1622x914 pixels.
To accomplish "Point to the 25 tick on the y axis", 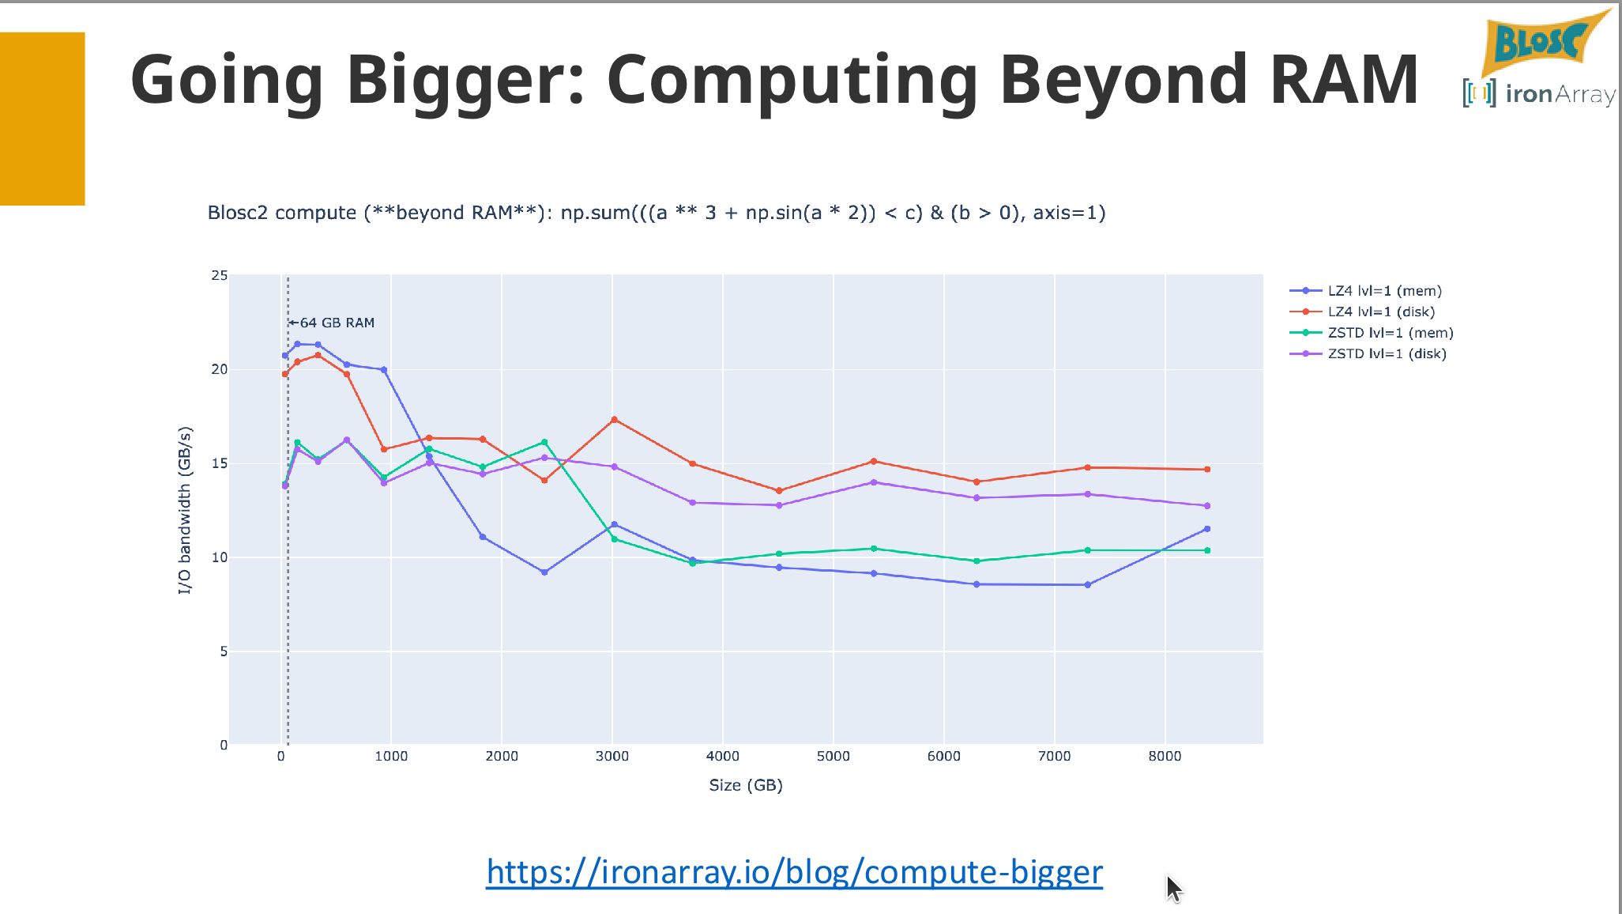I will click(x=219, y=275).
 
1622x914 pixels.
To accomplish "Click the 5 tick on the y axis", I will click(x=224, y=652).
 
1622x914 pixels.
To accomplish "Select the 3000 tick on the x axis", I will click(x=612, y=756).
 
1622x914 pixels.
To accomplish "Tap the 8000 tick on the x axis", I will click(x=1165, y=756).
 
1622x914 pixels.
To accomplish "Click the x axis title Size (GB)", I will click(x=746, y=785).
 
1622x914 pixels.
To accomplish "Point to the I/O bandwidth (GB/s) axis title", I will click(x=184, y=510).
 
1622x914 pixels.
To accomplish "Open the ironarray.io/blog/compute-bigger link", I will click(x=794, y=872).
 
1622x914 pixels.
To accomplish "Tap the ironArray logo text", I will click(x=1560, y=94).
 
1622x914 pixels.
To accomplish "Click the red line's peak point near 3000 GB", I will click(x=614, y=420).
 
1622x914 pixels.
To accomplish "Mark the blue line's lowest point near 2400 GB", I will click(x=544, y=572).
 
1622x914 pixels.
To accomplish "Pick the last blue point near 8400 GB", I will click(x=1207, y=529).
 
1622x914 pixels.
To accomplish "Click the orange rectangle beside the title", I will click(x=43, y=119).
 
